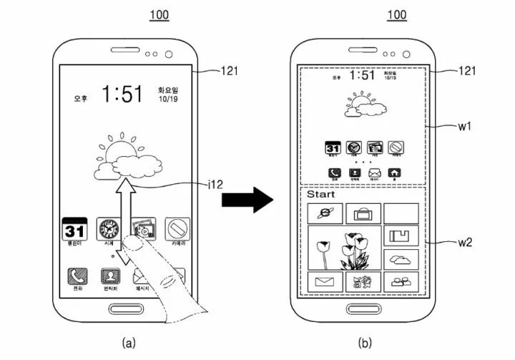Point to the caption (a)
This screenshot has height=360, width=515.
(127, 344)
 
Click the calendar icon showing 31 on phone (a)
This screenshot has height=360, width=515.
(75, 230)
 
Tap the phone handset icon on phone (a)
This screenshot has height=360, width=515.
(75, 276)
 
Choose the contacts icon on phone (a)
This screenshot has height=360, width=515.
(109, 276)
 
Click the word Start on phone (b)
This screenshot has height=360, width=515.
(320, 194)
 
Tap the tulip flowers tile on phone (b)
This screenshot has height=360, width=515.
(344, 248)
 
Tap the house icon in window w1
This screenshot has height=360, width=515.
(393, 172)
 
